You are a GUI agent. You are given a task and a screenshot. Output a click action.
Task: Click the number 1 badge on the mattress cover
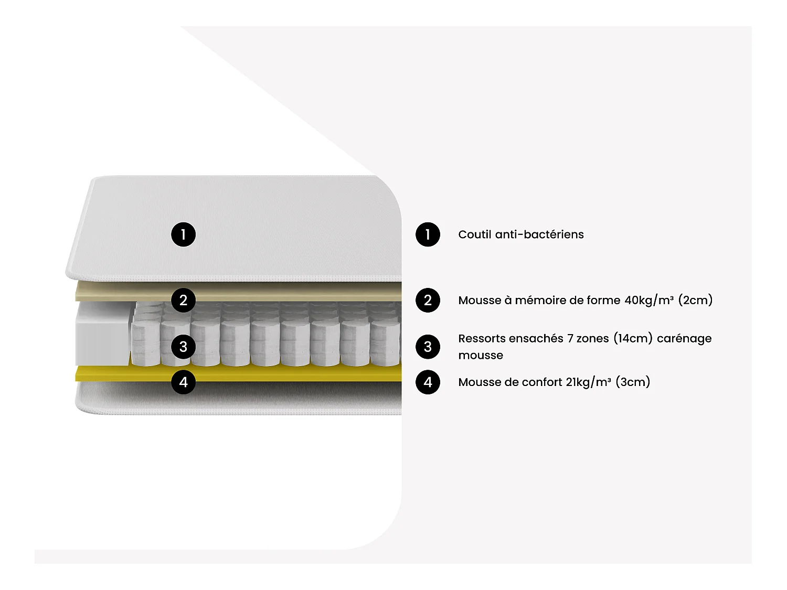pos(183,234)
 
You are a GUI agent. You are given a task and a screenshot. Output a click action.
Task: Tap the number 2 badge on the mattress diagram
pos(183,300)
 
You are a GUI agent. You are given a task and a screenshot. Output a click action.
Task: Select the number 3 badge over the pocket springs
pos(183,347)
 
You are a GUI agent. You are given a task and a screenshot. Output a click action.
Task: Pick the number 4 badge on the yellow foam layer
pos(183,382)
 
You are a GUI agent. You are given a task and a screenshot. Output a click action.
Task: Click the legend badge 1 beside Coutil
pos(428,234)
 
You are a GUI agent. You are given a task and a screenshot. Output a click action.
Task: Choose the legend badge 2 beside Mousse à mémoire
pos(428,300)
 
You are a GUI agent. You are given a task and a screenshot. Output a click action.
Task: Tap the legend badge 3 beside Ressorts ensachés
pos(428,347)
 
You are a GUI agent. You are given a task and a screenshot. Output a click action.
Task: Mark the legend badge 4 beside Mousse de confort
pos(428,382)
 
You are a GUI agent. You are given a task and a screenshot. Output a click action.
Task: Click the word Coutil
pos(474,234)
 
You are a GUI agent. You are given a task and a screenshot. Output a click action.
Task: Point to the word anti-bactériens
pos(539,234)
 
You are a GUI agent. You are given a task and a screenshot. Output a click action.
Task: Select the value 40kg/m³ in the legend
pos(649,300)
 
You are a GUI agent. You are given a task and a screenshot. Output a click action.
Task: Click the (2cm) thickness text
pos(695,300)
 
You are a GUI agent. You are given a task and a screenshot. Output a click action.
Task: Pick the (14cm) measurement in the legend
pos(633,338)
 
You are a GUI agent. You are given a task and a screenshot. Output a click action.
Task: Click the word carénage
pos(684,339)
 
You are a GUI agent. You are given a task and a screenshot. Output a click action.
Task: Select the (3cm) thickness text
pos(633,382)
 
